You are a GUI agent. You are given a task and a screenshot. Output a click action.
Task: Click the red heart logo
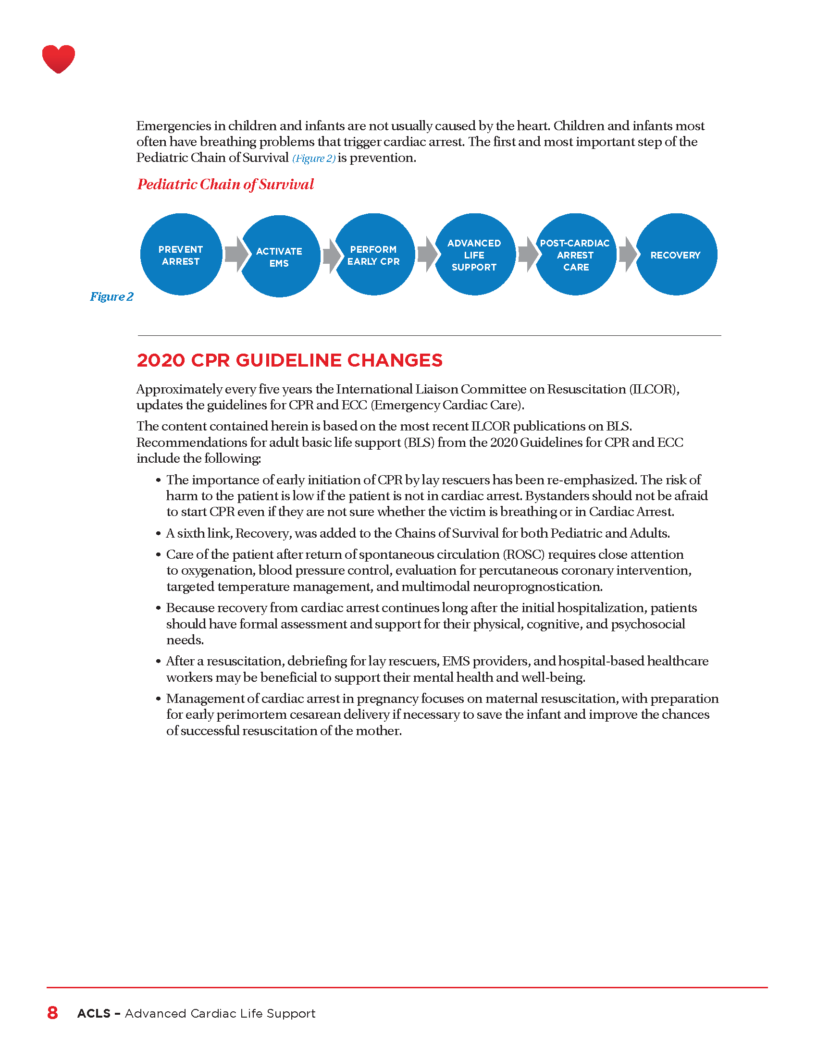[59, 59]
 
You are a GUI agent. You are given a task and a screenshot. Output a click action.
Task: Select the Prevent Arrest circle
[181, 255]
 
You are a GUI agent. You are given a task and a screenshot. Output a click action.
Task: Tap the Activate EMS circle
[279, 256]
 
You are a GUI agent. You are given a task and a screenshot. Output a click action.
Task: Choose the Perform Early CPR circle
[374, 255]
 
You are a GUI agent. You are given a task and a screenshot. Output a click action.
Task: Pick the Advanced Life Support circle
[474, 255]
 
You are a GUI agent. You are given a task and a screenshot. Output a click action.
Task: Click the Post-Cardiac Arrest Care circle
[575, 255]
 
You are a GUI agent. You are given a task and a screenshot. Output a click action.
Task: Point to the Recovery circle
[676, 255]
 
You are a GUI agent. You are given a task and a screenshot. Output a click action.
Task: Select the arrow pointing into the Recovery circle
[628, 254]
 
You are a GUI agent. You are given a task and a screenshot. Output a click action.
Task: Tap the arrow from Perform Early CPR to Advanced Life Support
[427, 254]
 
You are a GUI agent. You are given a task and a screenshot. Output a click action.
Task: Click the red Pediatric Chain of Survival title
[225, 184]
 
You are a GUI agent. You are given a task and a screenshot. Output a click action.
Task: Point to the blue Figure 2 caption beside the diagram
[111, 296]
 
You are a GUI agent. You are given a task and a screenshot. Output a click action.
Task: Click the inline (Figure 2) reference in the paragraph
[314, 158]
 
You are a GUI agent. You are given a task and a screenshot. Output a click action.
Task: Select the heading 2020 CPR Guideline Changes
[289, 360]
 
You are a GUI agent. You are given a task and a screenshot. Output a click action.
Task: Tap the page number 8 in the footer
[52, 1013]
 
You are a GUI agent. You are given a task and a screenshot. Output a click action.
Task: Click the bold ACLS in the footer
[94, 1013]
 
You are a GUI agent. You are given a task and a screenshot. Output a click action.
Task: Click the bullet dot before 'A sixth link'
[158, 533]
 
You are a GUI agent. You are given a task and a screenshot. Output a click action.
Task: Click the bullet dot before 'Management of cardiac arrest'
[158, 699]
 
